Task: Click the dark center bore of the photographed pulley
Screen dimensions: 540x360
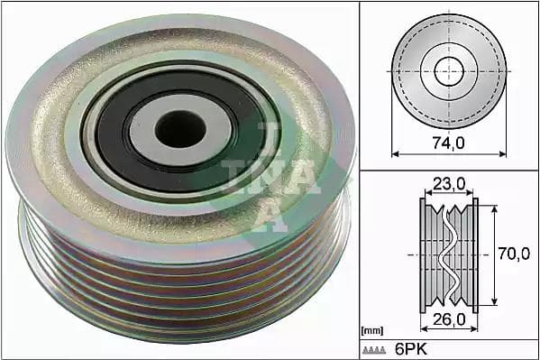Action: (x=180, y=129)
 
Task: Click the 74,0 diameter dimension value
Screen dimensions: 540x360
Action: (x=448, y=143)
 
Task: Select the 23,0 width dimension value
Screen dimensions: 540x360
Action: (x=449, y=184)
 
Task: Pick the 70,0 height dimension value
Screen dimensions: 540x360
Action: (x=514, y=254)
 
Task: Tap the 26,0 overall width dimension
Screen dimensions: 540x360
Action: (x=449, y=319)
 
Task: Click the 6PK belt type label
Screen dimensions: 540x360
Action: (x=411, y=349)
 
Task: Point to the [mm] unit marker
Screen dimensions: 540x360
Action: (x=372, y=331)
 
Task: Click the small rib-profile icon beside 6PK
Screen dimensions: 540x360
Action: (x=374, y=351)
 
